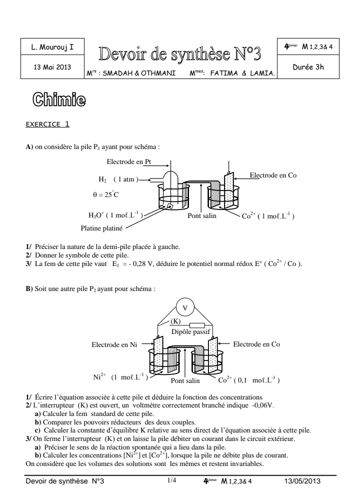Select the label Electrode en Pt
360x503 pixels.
coord(128,161)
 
